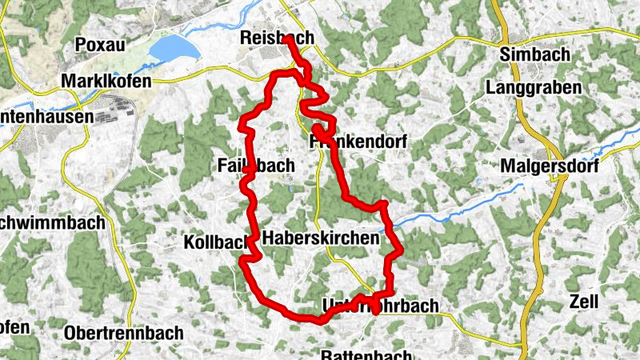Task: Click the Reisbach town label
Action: click(x=276, y=38)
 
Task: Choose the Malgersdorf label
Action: click(x=553, y=166)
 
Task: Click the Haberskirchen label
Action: click(x=319, y=238)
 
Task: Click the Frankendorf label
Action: click(x=358, y=142)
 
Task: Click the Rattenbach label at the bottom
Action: click(x=366, y=354)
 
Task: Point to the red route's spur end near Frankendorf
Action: click(x=317, y=127)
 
